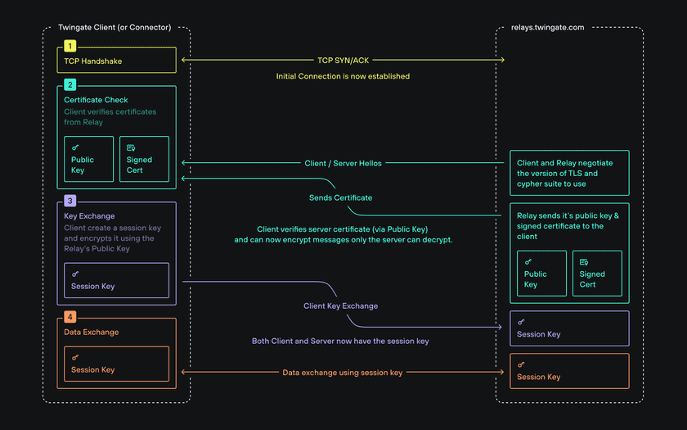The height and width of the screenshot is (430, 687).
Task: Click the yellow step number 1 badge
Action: click(x=70, y=46)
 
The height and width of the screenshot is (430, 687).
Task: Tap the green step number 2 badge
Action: click(x=70, y=84)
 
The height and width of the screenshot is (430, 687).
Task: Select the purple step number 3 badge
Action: click(x=70, y=201)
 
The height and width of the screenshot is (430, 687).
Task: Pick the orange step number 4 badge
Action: click(x=70, y=317)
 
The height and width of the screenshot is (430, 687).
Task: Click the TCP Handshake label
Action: click(x=92, y=61)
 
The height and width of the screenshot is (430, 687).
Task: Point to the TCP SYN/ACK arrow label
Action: click(x=343, y=60)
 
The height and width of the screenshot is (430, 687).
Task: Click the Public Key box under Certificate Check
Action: click(x=88, y=159)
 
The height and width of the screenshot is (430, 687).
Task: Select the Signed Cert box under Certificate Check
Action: click(x=144, y=159)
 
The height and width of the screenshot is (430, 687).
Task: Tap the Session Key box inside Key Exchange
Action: click(x=116, y=280)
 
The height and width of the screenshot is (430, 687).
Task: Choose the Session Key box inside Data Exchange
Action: click(x=116, y=364)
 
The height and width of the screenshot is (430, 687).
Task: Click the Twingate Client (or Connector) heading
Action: click(x=114, y=27)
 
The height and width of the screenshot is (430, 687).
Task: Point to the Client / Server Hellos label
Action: click(x=343, y=163)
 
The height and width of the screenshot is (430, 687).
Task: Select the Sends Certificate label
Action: click(x=340, y=197)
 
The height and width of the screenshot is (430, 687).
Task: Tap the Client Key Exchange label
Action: click(x=340, y=306)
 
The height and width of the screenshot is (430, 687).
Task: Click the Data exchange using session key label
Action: click(x=343, y=372)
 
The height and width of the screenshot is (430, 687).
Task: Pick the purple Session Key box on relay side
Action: click(x=569, y=328)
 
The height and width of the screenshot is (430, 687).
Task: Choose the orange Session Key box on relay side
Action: click(x=569, y=371)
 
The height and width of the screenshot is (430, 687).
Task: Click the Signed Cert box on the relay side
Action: click(x=597, y=274)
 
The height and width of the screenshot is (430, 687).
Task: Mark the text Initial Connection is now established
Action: click(x=343, y=76)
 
